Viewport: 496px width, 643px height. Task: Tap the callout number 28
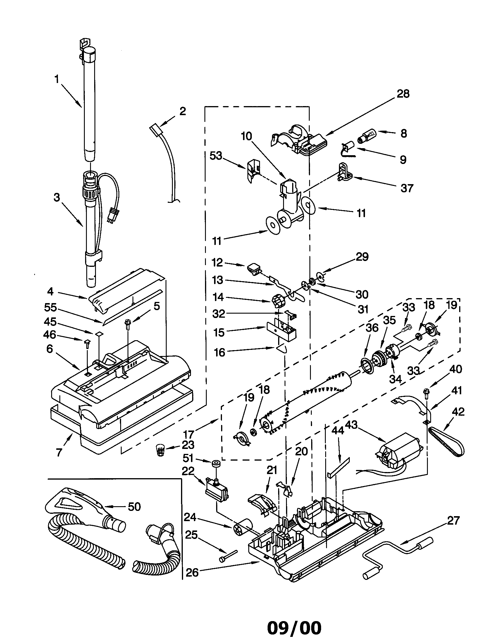tap(403, 94)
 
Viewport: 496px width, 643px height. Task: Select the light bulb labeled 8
tap(366, 136)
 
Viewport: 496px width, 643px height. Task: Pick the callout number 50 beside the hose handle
tap(134, 507)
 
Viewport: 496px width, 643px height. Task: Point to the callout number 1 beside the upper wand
tap(56, 79)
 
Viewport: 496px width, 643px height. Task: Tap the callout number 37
tap(407, 188)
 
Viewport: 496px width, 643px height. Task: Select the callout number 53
tap(216, 156)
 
